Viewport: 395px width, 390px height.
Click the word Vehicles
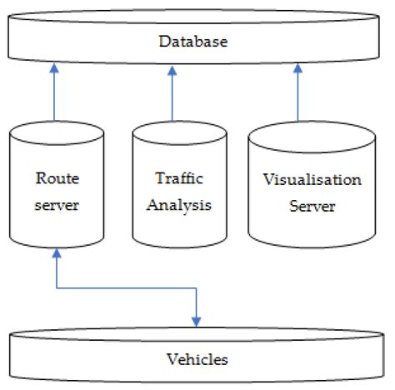pyautogui.click(x=197, y=359)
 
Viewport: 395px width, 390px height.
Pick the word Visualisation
pyautogui.click(x=300, y=180)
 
